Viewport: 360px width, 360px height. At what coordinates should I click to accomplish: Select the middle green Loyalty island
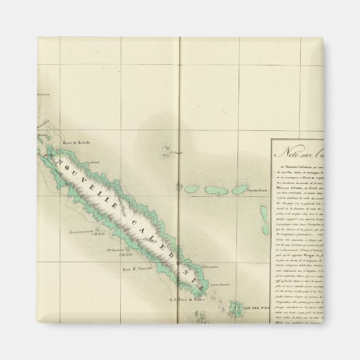215,191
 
